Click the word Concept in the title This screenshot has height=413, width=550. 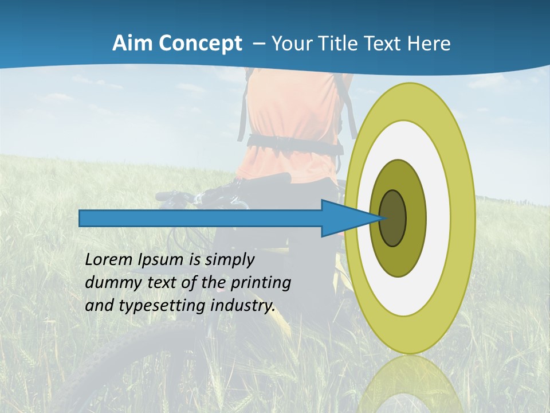point(200,44)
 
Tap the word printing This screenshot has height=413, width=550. point(260,283)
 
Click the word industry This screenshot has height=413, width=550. point(243,306)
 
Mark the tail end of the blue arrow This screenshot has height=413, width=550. point(81,218)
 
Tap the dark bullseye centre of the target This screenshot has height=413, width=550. point(393,218)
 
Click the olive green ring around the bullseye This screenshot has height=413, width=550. point(415,218)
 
